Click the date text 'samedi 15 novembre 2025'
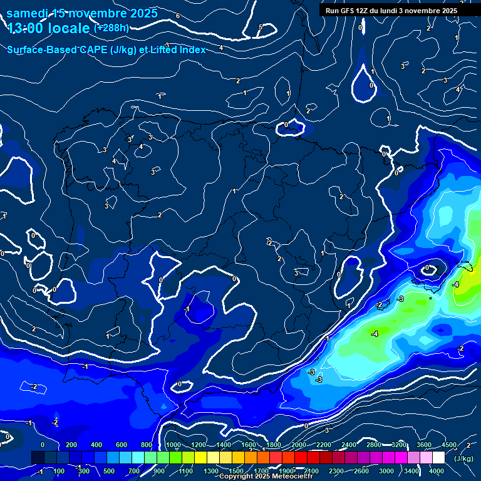click(82, 13)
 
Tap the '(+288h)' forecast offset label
click(111, 28)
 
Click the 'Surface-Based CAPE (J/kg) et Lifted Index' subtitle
click(106, 49)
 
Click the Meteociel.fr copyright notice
click(269, 477)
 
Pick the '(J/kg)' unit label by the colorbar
click(463, 458)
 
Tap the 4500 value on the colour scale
click(449, 445)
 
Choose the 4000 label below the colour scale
click(437, 471)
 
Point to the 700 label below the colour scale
click(134, 471)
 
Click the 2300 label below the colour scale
click(336, 471)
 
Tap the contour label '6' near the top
click(178, 16)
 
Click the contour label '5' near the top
click(261, 27)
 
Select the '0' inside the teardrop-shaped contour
click(371, 85)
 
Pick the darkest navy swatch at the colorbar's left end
click(37, 458)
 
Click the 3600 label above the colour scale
click(423, 445)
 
